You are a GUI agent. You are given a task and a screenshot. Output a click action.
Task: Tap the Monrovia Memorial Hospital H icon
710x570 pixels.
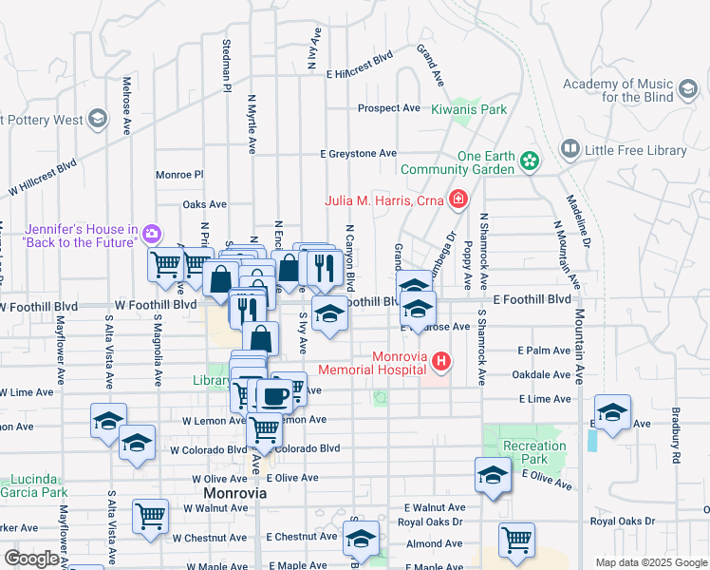[440, 361]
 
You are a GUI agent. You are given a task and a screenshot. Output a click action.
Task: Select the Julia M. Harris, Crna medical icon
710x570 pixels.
[458, 199]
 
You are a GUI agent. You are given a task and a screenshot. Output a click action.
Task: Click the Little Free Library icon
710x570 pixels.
[570, 149]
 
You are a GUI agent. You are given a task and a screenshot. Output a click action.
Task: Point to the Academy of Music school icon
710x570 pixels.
[687, 90]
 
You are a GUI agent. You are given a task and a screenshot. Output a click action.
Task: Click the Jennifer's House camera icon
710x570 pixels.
[151, 234]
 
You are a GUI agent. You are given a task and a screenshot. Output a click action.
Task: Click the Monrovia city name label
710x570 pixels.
[234, 495]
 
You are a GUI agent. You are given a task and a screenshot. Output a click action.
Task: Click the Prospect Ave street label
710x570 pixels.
[389, 108]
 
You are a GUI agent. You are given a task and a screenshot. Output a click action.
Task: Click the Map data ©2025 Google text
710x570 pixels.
[651, 562]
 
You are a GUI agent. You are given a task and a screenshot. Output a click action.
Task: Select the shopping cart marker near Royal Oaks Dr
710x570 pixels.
[517, 539]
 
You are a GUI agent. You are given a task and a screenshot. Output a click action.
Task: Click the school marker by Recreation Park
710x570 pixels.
[493, 475]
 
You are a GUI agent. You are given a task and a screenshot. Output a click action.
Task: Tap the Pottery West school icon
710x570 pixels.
[97, 119]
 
